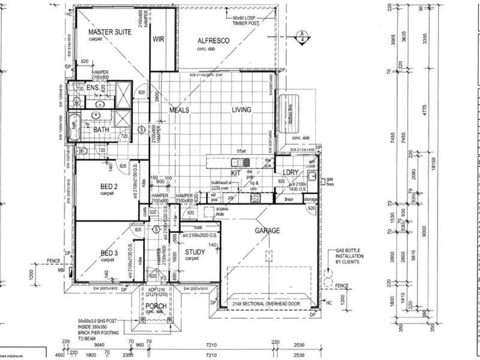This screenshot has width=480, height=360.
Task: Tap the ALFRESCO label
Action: [x=214, y=41]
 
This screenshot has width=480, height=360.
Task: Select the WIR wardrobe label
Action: [x=159, y=40]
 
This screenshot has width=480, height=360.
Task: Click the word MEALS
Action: [x=179, y=110]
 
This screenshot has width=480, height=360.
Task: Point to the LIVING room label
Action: [x=242, y=110]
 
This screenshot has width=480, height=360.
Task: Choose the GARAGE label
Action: [x=267, y=230]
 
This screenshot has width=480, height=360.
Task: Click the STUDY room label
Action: [x=195, y=253]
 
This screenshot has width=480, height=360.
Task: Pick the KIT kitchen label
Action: [x=235, y=172]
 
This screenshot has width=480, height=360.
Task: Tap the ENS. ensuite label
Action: [x=92, y=88]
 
